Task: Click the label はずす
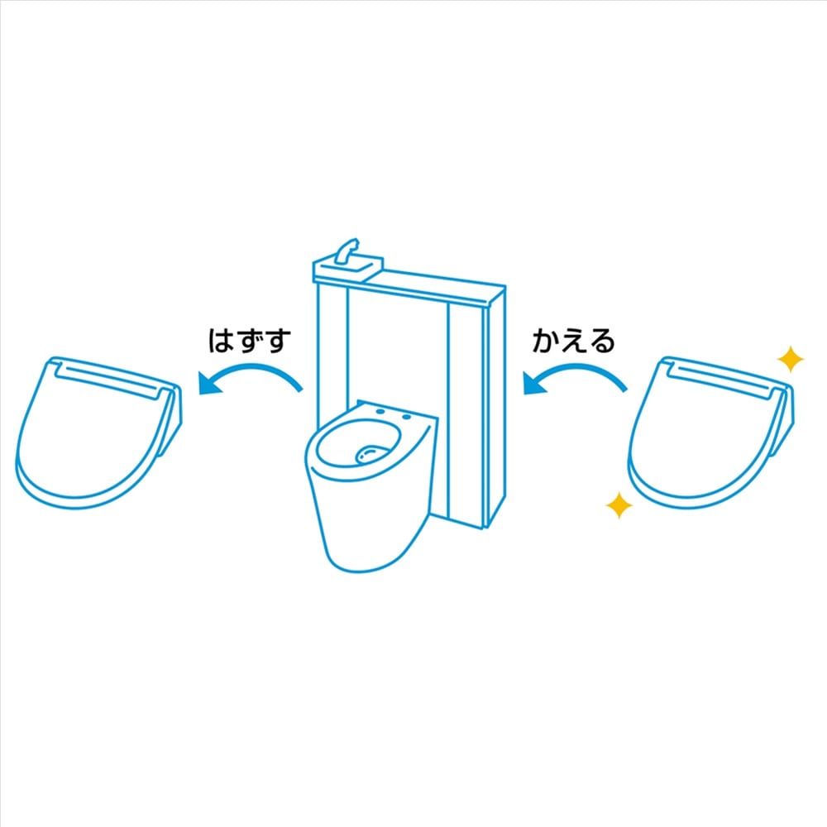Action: point(250,340)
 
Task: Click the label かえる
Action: point(573,340)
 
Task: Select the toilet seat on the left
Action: point(98,433)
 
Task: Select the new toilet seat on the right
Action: point(710,433)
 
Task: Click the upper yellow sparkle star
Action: point(790,359)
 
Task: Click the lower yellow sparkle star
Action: point(619,505)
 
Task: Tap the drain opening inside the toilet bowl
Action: point(372,454)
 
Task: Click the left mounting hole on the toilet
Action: point(380,411)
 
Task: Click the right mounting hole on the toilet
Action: point(406,417)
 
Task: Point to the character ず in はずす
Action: point(250,340)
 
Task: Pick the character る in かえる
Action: point(602,341)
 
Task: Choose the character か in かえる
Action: point(545,341)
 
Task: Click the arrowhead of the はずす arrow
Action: point(210,383)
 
